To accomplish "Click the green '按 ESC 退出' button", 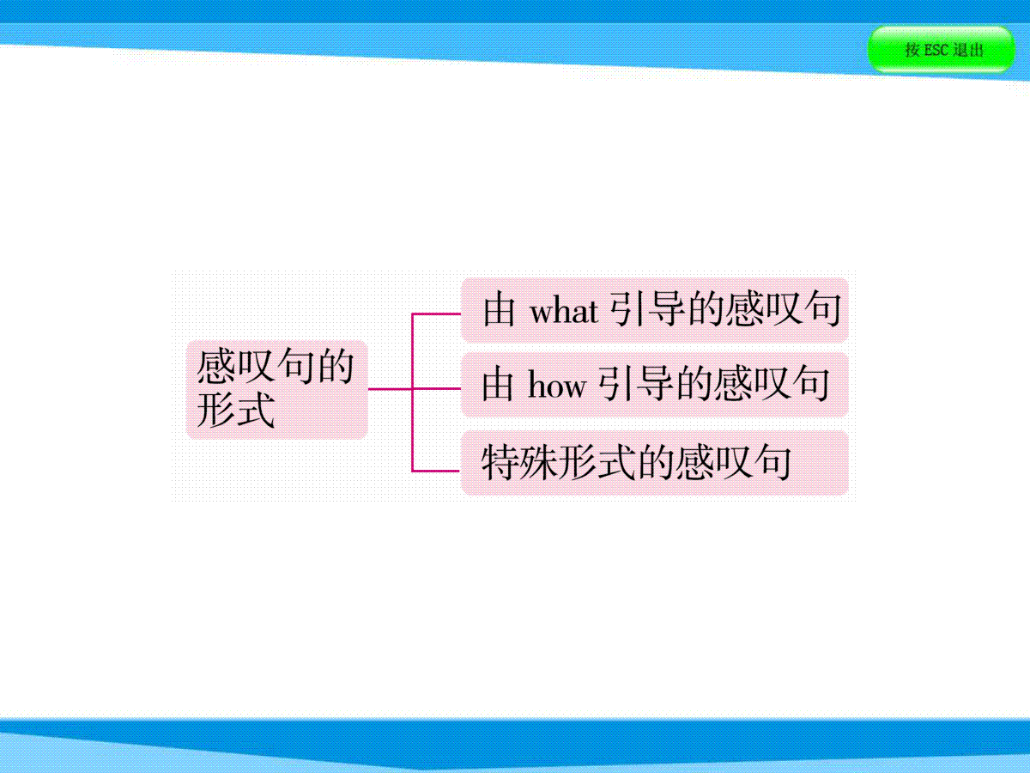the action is pos(942,49).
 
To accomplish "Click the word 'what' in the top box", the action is pos(564,311).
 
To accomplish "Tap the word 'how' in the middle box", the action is pos(557,386).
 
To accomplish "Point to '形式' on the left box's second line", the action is pos(235,411).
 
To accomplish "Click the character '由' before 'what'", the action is pos(499,309).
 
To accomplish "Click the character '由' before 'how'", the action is pos(497,384).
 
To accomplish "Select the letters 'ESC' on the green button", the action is pos(936,50).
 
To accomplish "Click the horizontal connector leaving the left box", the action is pos(390,388).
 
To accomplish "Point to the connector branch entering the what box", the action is pos(436,313).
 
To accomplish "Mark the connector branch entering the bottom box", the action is pos(436,471).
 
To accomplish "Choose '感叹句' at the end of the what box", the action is pos(783,309).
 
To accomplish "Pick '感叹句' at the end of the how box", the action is pos(772,384).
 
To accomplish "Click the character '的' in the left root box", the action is pos(336,367).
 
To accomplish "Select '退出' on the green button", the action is pos(968,50).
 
